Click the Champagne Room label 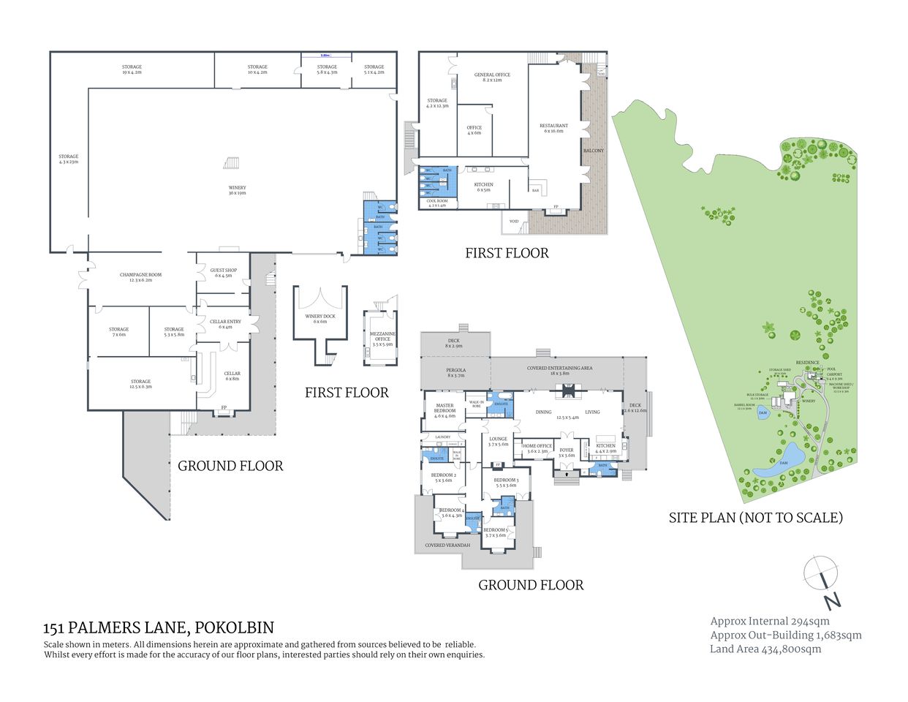tap(140, 277)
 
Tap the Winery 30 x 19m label tap(237, 191)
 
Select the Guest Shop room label tap(223, 273)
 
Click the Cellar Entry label tap(225, 324)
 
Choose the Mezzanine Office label tap(382, 339)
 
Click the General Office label tap(492, 77)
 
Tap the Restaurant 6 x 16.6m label tap(553, 128)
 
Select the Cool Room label tap(436, 203)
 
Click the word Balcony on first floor tap(594, 151)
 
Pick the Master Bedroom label tap(444, 410)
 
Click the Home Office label tap(537, 448)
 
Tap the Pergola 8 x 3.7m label tap(455, 372)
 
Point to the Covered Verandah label tap(445, 545)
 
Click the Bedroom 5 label tap(496, 532)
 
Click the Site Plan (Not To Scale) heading tap(756, 518)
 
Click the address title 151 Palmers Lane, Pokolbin tap(159, 627)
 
